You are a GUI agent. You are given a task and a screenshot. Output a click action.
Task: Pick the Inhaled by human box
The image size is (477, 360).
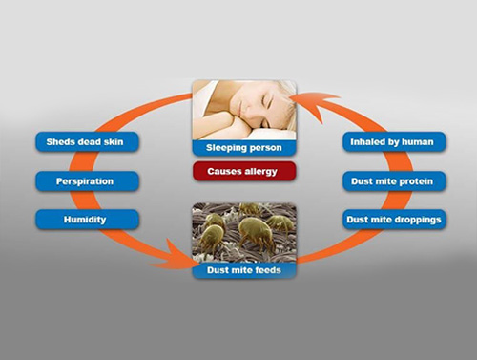(393, 142)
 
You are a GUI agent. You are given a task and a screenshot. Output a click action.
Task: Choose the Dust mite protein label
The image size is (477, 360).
(393, 180)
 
